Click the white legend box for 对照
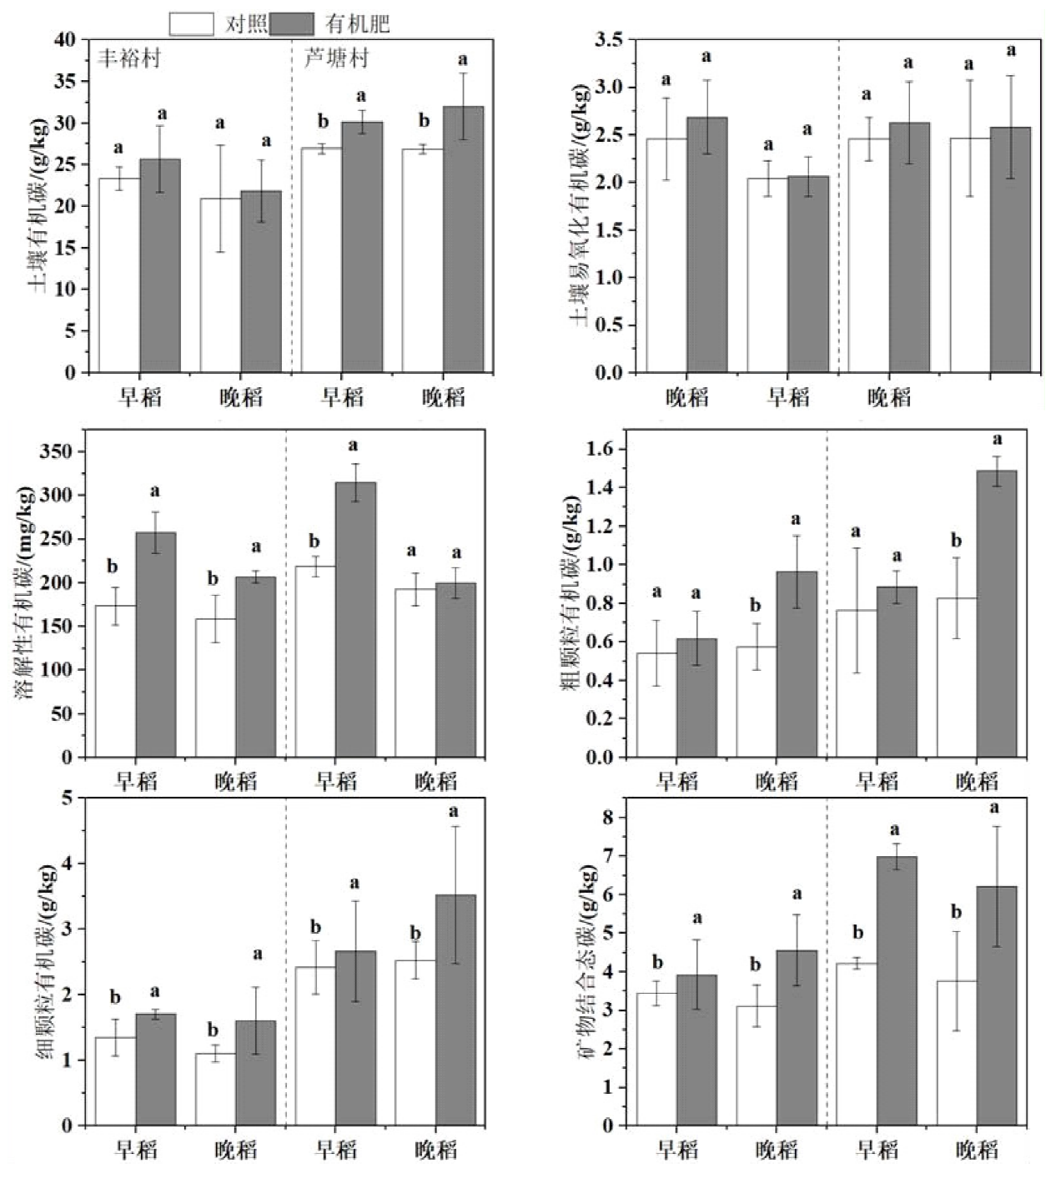(191, 24)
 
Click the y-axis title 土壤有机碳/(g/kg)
(38, 204)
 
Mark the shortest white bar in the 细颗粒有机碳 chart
(216, 1089)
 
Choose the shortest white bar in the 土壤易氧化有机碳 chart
(767, 275)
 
